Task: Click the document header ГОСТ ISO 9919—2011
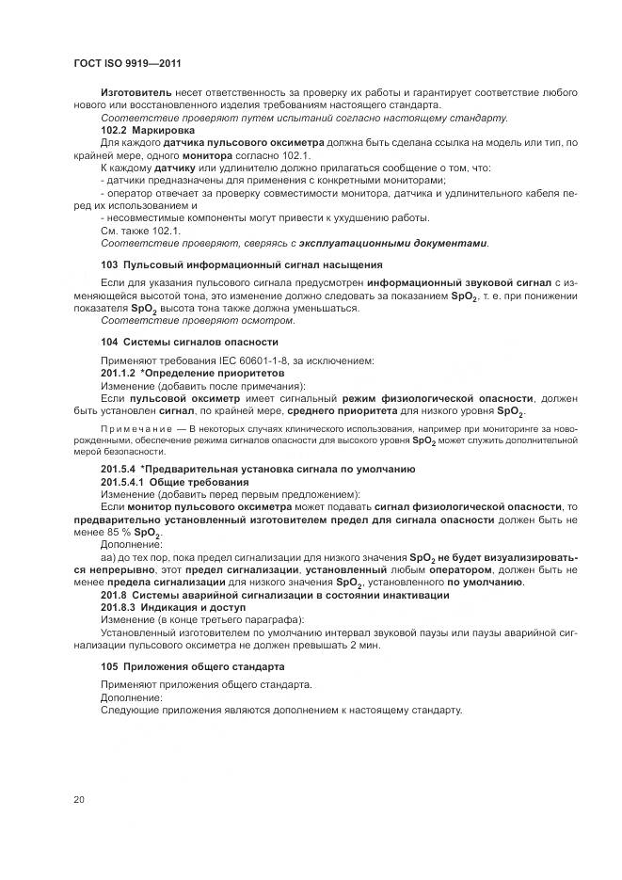point(126,63)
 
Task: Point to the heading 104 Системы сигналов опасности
point(189,341)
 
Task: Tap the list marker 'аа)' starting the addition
point(108,557)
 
